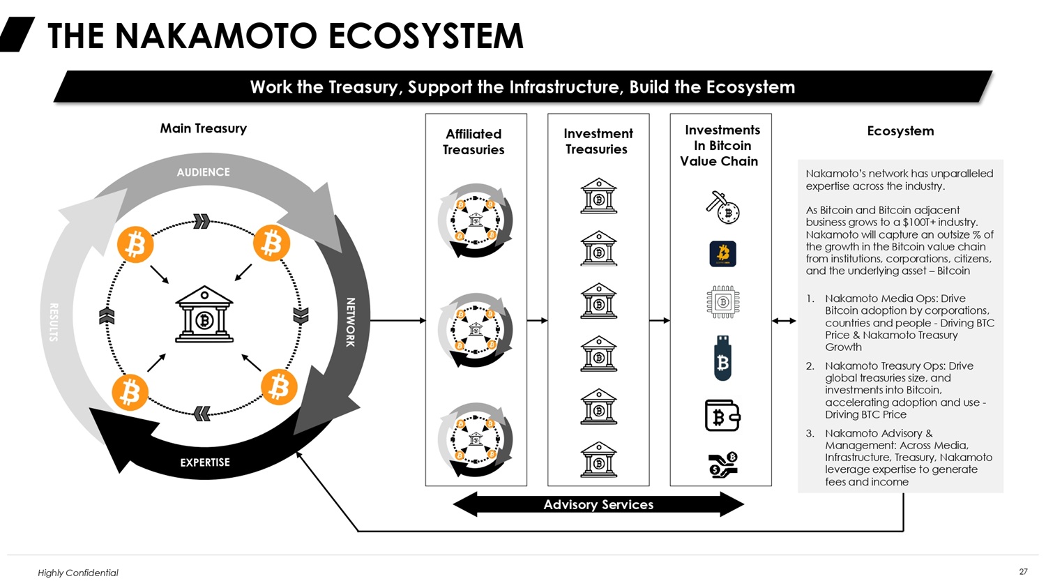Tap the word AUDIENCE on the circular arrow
coord(203,172)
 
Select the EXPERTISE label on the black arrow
coord(205,462)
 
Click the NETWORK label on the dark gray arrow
coord(350,322)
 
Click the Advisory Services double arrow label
coord(598,504)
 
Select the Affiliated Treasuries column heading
coord(473,142)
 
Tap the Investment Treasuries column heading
coord(598,141)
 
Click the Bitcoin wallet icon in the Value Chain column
coord(722,416)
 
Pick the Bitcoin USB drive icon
coord(722,357)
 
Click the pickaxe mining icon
coord(722,207)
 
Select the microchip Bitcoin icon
coord(722,303)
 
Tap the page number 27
coord(1023,572)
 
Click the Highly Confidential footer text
coord(78,573)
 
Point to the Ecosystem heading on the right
coord(900,131)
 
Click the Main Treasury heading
coord(203,128)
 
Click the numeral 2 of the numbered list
coord(810,366)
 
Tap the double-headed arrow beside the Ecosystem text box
coord(784,321)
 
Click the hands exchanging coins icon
coord(722,465)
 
